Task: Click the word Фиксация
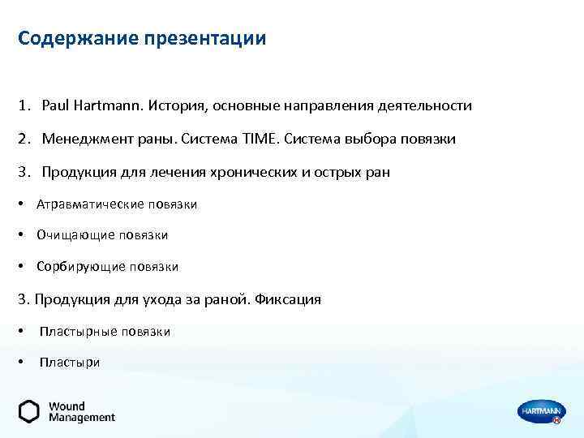point(288,299)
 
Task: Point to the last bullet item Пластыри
point(70,363)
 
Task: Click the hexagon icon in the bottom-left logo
point(29,411)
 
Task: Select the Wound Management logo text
point(81,412)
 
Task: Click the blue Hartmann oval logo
point(540,412)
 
